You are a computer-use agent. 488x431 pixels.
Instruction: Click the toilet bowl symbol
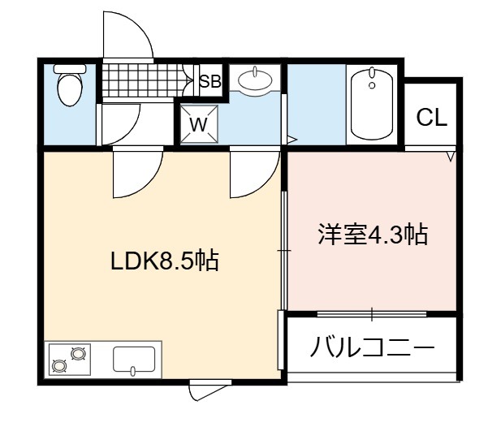70,89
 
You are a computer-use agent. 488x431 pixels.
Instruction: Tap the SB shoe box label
210,81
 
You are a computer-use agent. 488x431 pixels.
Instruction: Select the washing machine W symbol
199,124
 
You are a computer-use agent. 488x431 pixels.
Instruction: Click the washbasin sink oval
255,80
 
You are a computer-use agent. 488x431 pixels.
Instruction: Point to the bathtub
372,104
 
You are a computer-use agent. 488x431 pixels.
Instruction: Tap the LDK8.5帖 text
165,261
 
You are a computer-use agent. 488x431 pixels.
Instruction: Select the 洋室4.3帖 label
373,234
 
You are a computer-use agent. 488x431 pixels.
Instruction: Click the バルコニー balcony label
372,347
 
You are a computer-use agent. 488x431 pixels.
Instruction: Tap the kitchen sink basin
134,359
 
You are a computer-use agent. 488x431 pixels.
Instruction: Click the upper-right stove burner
78,354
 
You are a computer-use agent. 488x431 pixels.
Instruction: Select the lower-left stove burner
59,366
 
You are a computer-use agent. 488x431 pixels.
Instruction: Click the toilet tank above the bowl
70,69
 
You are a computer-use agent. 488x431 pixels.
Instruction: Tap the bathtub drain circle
372,85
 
